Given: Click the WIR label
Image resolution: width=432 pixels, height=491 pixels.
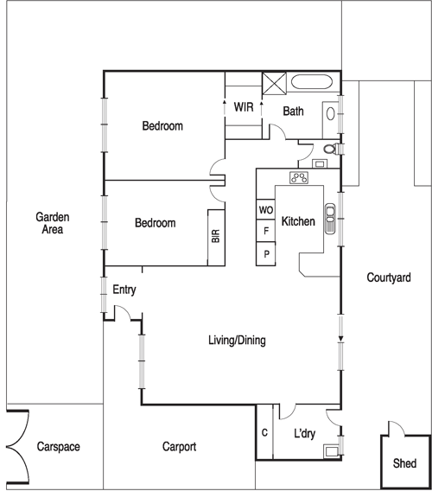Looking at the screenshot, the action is click(244, 107).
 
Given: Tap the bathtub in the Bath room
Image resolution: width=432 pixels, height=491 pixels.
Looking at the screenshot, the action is click(312, 82).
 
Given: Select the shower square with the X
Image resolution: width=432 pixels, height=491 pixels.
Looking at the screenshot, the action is click(274, 83).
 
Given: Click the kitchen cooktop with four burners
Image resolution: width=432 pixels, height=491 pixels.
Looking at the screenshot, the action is click(299, 177).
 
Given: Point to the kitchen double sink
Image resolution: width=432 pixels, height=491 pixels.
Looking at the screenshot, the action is click(330, 219).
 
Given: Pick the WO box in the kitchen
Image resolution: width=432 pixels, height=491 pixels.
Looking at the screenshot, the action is click(266, 209).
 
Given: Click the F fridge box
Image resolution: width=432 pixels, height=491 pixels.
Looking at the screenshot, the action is click(266, 231).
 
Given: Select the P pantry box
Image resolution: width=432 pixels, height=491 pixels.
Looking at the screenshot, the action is click(266, 254).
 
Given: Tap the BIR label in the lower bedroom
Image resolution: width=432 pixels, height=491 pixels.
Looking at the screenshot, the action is click(216, 236).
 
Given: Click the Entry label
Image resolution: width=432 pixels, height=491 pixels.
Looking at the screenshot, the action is click(124, 290).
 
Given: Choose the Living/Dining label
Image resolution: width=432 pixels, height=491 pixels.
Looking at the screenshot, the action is click(237, 340).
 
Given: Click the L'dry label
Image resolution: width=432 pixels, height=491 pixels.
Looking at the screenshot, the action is click(305, 433).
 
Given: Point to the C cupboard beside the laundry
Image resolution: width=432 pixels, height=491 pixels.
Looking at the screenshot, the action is click(264, 432).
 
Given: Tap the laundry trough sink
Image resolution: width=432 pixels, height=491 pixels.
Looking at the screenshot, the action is click(332, 451).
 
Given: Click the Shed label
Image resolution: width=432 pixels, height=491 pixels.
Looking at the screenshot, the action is click(404, 463).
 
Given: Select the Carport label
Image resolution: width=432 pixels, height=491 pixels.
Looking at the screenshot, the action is click(180, 447).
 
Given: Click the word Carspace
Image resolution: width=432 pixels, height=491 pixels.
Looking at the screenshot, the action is click(58, 447).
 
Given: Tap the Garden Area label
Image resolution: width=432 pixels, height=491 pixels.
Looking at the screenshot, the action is click(53, 223).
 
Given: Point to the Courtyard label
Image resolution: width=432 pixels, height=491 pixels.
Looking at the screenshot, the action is click(389, 277).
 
